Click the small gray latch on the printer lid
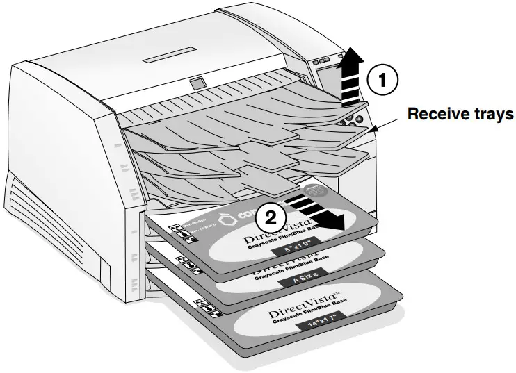tap(197, 83)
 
